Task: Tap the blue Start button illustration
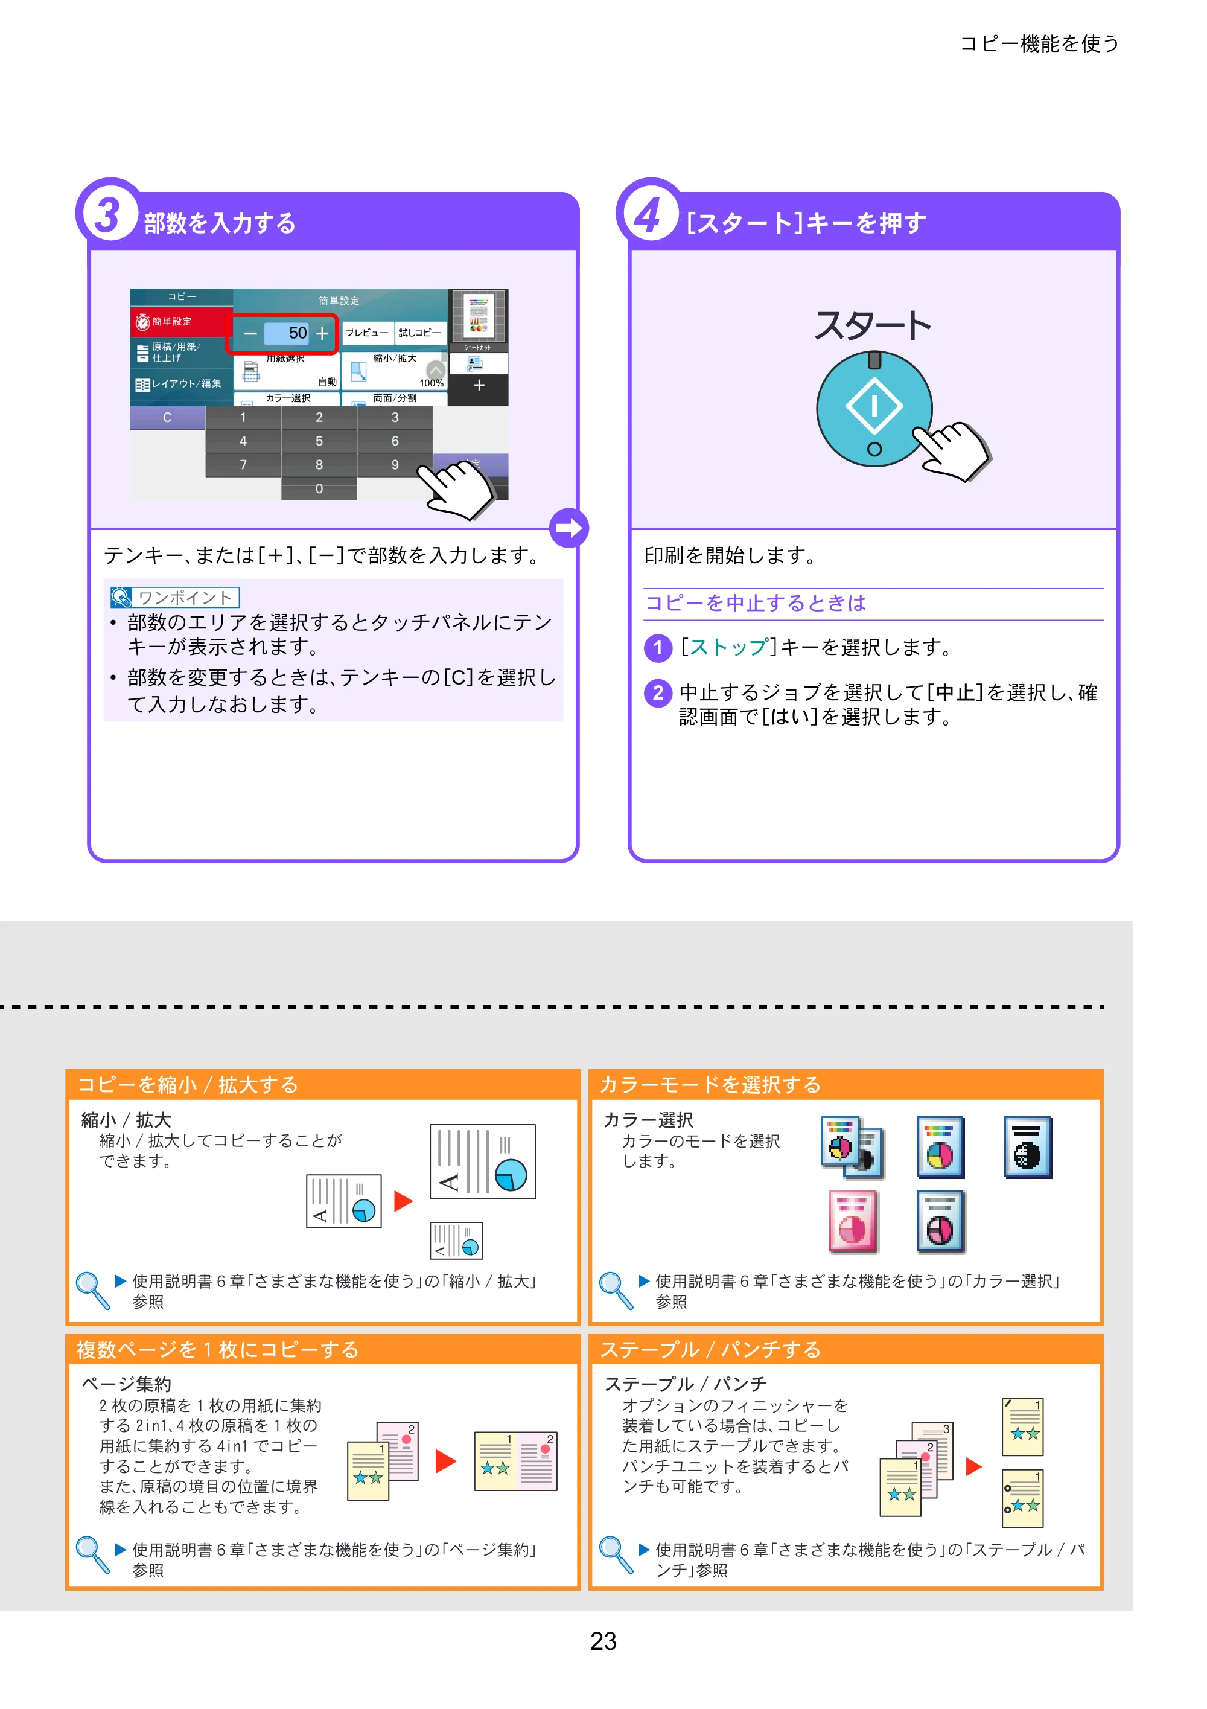coord(874,409)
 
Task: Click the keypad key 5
coord(319,441)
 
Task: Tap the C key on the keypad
coord(167,418)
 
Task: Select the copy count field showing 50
coord(287,333)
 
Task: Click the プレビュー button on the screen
coord(367,333)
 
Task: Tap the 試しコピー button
coord(419,333)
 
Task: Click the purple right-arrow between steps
coord(569,528)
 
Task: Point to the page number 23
coord(603,1641)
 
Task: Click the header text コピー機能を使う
coord(1040,44)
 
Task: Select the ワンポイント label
coord(175,597)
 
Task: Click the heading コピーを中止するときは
coord(756,603)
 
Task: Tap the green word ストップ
coord(728,648)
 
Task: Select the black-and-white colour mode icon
coord(1028,1147)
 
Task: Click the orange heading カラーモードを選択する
coord(711,1085)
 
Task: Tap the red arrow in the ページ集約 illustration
coord(445,1461)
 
